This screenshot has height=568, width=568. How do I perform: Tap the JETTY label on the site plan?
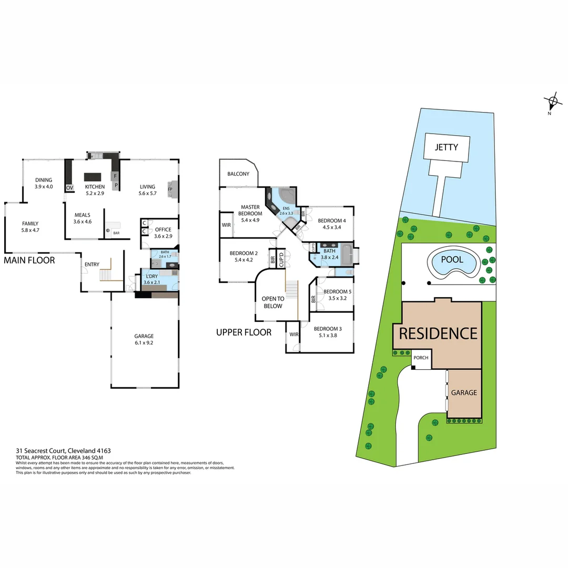tap(446, 147)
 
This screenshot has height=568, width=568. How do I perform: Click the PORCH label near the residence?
tap(421, 358)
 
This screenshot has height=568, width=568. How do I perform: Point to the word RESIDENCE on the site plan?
tap(438, 333)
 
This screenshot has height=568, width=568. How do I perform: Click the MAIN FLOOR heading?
tap(29, 260)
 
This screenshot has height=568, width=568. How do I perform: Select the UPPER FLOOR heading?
tap(244, 332)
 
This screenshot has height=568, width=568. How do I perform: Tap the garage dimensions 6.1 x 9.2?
tap(144, 343)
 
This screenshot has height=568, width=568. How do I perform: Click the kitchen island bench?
tap(92, 177)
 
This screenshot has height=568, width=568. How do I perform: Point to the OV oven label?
tap(69, 188)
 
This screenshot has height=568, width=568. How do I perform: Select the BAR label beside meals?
tap(116, 232)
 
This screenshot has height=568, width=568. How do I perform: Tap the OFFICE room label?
tap(163, 229)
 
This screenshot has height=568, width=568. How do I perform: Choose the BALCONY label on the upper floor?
tap(238, 174)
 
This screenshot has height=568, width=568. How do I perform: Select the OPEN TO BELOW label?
tap(272, 302)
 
